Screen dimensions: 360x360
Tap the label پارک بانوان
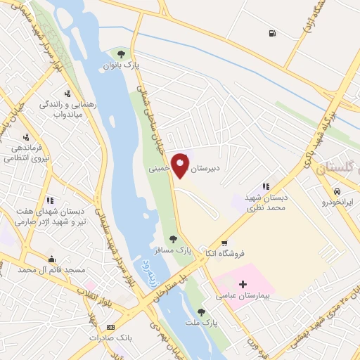click(x=122, y=65)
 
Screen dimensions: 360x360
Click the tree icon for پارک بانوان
click(x=122, y=53)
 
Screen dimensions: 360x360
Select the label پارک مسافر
click(x=172, y=250)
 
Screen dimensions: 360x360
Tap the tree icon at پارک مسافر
click(x=173, y=239)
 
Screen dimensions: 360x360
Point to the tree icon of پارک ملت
click(x=202, y=311)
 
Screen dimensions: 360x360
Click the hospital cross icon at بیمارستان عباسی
click(x=243, y=285)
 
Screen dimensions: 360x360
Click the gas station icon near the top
click(x=271, y=33)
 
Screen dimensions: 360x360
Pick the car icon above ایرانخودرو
click(x=338, y=191)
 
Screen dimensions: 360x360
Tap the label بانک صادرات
click(x=110, y=337)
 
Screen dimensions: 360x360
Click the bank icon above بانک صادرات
click(x=110, y=327)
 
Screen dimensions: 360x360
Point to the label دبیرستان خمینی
click(x=193, y=169)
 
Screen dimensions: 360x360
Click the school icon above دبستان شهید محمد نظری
click(x=266, y=186)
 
